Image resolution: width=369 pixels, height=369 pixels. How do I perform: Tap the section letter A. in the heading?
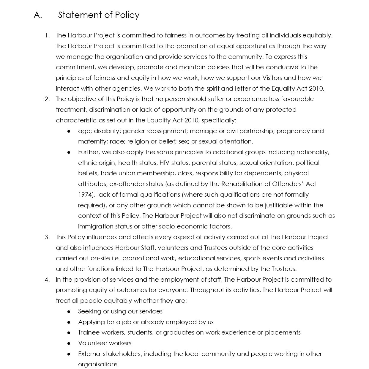pyautogui.click(x=38, y=15)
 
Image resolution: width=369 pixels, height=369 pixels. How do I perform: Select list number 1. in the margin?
pyautogui.click(x=47, y=35)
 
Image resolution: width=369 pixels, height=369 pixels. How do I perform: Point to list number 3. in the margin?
pyautogui.click(x=47, y=237)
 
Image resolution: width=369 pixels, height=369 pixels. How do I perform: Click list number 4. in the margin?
pyautogui.click(x=47, y=280)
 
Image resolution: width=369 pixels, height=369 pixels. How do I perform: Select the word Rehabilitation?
pyautogui.click(x=242, y=184)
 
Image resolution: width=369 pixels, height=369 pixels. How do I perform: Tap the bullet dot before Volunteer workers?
pyautogui.click(x=69, y=343)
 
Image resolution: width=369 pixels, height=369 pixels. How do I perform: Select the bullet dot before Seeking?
pyautogui.click(x=69, y=312)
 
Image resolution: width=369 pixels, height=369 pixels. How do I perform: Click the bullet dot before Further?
pyautogui.click(x=69, y=152)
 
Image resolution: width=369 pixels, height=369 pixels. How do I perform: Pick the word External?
pyautogui.click(x=90, y=354)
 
